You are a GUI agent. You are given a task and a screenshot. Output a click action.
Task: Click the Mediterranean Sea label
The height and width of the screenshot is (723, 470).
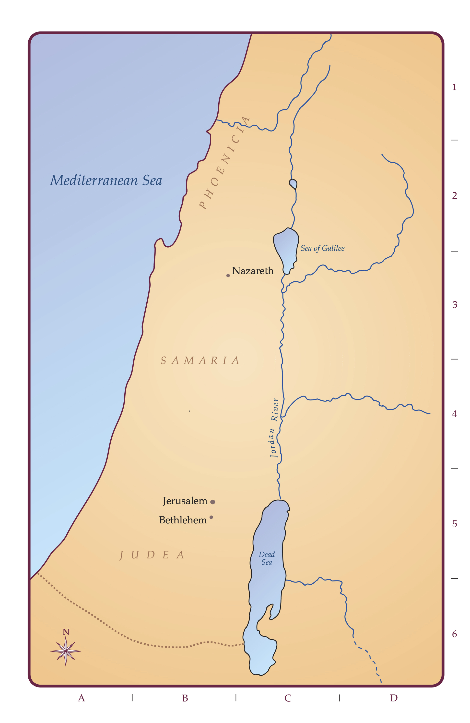(106, 180)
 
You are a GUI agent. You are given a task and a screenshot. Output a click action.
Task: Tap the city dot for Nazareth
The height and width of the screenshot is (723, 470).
(228, 276)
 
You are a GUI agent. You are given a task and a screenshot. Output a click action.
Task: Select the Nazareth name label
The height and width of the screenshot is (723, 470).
(253, 271)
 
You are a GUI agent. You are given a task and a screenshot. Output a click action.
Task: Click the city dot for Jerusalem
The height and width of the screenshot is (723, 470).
(212, 502)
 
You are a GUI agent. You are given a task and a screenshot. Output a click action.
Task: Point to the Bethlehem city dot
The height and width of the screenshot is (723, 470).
(211, 517)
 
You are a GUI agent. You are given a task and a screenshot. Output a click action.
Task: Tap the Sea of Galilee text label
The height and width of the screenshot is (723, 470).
(322, 248)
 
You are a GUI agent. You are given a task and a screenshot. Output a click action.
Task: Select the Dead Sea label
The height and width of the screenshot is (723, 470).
(267, 558)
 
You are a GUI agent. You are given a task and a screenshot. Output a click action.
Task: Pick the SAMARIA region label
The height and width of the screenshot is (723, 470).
(200, 361)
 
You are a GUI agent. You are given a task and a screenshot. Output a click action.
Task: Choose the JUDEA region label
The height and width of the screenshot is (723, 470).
(152, 555)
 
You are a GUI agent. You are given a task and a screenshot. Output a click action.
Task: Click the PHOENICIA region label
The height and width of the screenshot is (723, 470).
(225, 163)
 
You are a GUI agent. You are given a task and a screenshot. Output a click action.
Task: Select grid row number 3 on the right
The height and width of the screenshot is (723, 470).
(455, 305)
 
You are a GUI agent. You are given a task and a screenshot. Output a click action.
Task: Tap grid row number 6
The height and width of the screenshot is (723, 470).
(454, 634)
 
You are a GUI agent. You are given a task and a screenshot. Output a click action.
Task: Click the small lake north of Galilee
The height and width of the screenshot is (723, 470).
(293, 183)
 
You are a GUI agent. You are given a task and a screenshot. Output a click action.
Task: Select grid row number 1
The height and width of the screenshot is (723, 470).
(454, 87)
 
